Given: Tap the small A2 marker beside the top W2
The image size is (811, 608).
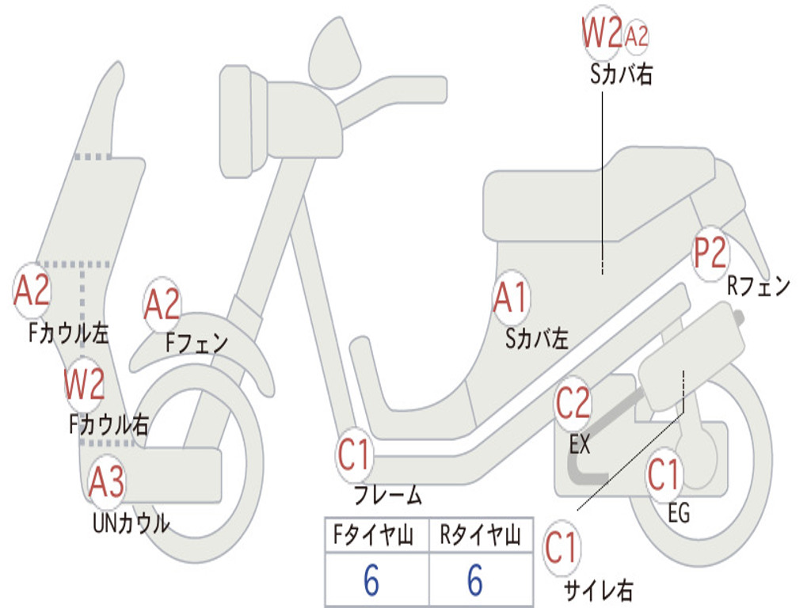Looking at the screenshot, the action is (x=636, y=36).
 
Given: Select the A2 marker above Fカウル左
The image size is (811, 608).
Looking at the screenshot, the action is (x=32, y=290).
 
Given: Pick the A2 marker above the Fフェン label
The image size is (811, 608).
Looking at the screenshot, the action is (x=162, y=304).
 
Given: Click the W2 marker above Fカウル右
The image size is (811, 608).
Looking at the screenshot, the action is (x=84, y=384).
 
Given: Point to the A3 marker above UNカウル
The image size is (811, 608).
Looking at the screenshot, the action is (x=107, y=481).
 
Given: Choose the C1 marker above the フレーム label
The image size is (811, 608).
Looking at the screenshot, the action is (x=354, y=454).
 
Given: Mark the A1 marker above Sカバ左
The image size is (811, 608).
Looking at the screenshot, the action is (x=512, y=298).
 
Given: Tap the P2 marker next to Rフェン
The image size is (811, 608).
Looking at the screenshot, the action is (x=710, y=253).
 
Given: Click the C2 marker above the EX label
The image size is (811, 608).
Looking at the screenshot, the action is (x=573, y=403).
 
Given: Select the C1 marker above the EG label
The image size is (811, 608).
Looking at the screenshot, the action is (x=664, y=475).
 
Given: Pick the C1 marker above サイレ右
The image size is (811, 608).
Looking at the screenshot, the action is (x=562, y=548).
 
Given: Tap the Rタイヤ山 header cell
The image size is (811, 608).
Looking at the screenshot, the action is (x=481, y=534).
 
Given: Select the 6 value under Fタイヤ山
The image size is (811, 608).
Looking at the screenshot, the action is (x=371, y=579).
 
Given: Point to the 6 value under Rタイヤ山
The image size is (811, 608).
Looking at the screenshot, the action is (x=475, y=579).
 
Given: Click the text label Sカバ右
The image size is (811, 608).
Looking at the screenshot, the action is (x=621, y=74).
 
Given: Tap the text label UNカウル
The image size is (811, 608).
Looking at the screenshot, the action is (x=131, y=522).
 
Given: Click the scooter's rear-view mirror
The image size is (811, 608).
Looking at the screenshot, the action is (x=334, y=52).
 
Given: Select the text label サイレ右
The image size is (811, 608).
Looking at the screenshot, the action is (x=598, y=590).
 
